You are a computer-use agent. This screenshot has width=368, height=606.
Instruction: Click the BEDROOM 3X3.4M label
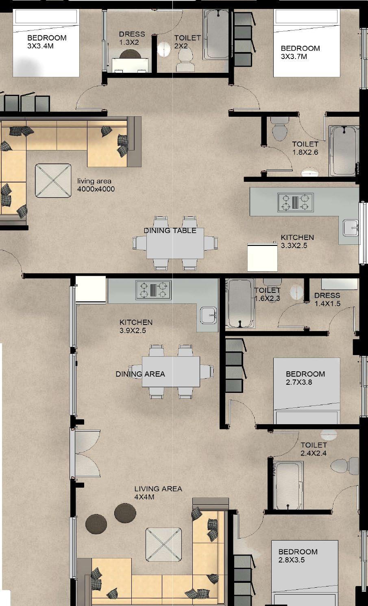[x=47, y=41]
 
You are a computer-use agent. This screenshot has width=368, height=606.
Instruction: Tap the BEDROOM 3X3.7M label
[x=300, y=52]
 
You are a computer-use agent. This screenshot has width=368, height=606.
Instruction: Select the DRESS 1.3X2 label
[x=132, y=38]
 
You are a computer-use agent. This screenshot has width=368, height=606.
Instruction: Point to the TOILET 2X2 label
[x=187, y=41]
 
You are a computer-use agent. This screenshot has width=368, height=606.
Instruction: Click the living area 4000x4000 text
[x=96, y=185]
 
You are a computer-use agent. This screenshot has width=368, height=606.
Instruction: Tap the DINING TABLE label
[x=170, y=231]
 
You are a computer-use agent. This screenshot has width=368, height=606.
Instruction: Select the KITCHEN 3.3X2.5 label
[x=297, y=241]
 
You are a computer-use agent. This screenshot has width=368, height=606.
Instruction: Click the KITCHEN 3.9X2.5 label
[x=136, y=326]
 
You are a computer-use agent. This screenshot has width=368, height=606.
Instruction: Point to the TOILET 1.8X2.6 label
[x=305, y=148]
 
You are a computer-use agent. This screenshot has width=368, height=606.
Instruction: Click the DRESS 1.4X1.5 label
[x=327, y=299]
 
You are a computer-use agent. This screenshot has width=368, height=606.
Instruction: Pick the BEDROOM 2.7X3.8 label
[x=305, y=378]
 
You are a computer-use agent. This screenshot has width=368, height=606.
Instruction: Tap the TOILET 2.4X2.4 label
[x=314, y=449]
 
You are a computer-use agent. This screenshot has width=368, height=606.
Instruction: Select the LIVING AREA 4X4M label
[x=158, y=493]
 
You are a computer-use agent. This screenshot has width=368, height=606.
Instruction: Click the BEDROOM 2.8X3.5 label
[x=298, y=556]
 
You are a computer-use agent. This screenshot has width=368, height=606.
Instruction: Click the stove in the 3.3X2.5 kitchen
[x=296, y=203]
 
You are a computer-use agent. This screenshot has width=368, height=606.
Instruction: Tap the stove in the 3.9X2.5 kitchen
[x=154, y=290]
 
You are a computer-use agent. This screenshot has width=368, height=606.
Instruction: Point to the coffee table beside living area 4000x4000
[x=53, y=181]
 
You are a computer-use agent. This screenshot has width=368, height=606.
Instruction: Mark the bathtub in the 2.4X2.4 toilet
[x=288, y=485]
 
